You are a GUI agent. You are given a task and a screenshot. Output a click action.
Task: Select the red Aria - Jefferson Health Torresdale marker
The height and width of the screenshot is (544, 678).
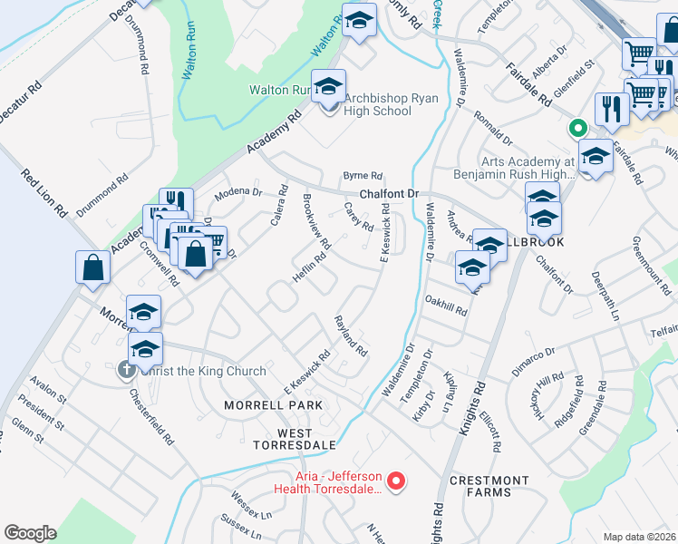pyautogui.click(x=395, y=481)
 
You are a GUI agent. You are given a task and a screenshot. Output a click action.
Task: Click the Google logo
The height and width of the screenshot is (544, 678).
pyautogui.click(x=30, y=533)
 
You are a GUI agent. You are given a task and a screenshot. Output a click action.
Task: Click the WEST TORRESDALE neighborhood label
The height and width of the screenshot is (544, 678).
pyautogui.click(x=293, y=438)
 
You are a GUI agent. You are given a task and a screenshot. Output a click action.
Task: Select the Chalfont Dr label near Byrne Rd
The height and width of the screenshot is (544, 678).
pyautogui.click(x=389, y=195)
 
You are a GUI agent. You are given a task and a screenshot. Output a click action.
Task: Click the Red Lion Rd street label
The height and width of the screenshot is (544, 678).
pyautogui.click(x=44, y=193)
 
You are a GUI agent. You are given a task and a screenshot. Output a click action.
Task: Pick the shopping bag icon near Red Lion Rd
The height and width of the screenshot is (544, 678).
pyautogui.click(x=92, y=267)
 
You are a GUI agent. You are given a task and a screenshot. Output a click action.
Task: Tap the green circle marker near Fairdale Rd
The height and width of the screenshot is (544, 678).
pyautogui.click(x=574, y=129)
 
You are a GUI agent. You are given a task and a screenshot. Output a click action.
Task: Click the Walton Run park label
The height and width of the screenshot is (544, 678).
pyautogui.click(x=279, y=91)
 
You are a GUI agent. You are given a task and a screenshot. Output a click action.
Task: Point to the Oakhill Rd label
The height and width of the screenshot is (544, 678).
pyautogui.click(x=445, y=305)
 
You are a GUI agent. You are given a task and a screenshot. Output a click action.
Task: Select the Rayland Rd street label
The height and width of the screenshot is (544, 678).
pyautogui.click(x=351, y=335)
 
